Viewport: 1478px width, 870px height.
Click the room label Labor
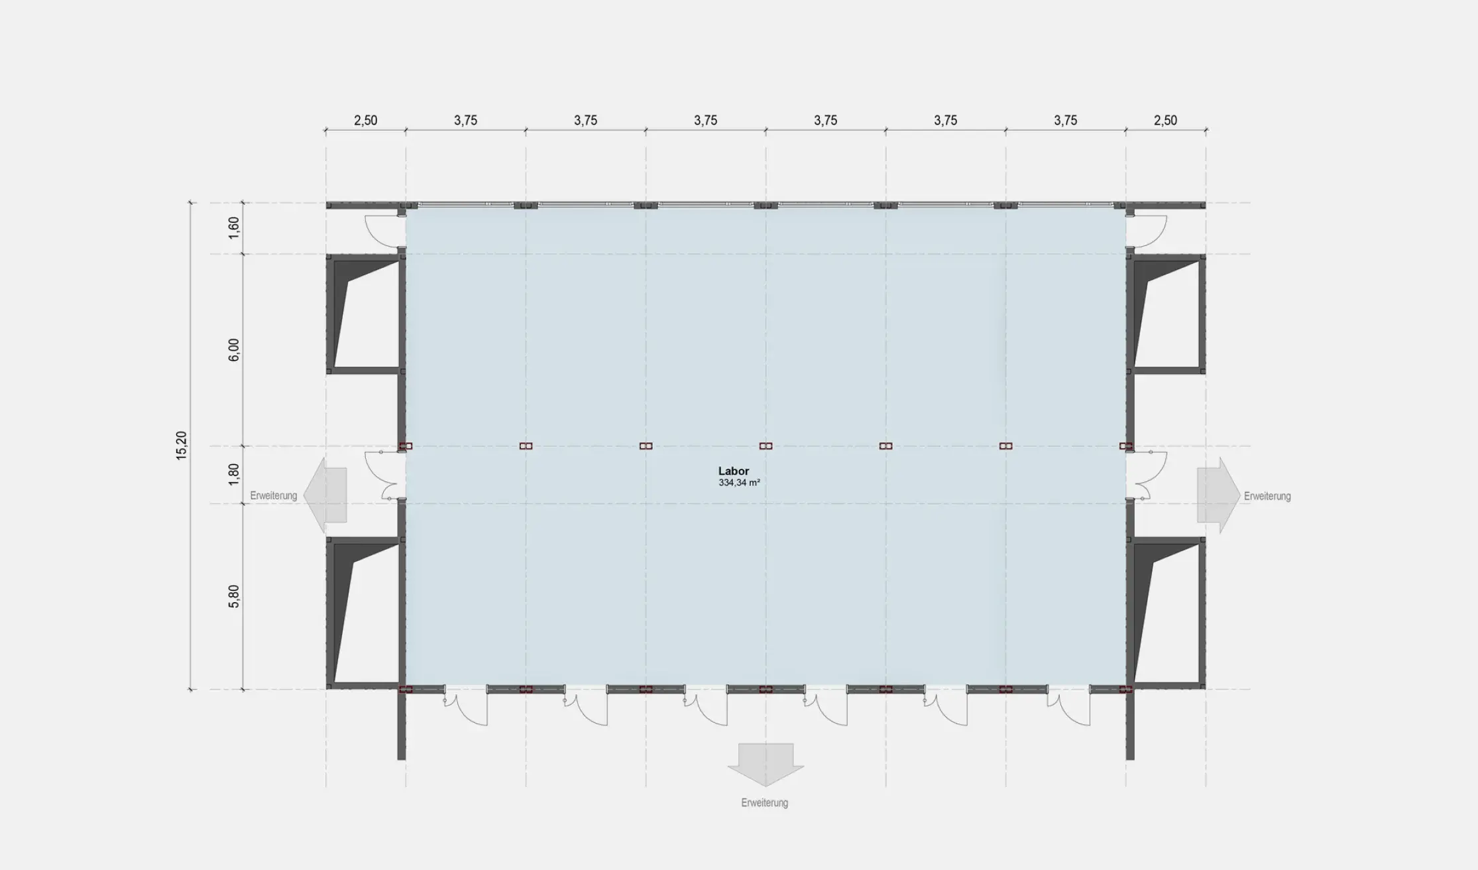point(733,471)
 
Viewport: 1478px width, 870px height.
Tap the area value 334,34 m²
point(739,483)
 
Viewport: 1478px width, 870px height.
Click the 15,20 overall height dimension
point(182,446)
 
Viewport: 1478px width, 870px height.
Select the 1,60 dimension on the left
point(234,228)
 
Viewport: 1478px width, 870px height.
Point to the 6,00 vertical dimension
point(234,349)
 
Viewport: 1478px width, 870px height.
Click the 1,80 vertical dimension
point(234,474)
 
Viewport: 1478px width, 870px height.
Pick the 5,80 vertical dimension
point(234,596)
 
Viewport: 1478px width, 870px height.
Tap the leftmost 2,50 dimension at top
point(365,120)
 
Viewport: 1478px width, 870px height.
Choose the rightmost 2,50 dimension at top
point(1165,120)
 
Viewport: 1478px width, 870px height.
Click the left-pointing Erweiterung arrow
point(325,495)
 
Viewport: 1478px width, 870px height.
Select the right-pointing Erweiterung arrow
point(1218,495)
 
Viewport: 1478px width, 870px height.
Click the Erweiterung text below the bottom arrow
point(765,803)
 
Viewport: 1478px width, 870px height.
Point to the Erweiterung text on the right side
point(1267,496)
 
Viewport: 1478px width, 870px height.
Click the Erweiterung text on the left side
point(274,495)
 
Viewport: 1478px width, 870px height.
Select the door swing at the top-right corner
point(1146,231)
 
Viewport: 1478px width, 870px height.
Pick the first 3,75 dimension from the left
point(465,120)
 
